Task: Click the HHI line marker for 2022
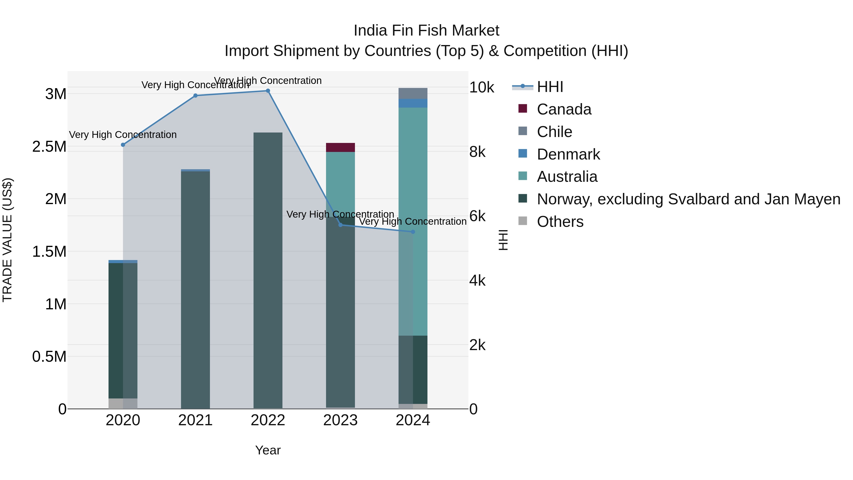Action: (268, 91)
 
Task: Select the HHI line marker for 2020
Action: (123, 145)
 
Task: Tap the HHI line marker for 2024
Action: (413, 232)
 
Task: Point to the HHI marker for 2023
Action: (340, 225)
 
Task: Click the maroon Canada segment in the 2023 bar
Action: (340, 147)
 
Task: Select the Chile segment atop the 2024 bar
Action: (413, 93)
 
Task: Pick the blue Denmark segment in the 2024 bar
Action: (413, 103)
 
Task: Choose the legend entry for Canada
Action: (564, 109)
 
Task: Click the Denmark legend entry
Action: (568, 154)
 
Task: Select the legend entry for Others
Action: (560, 222)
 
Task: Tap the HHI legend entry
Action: (550, 87)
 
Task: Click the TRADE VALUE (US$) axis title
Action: (7, 240)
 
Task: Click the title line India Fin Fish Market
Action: (426, 31)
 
